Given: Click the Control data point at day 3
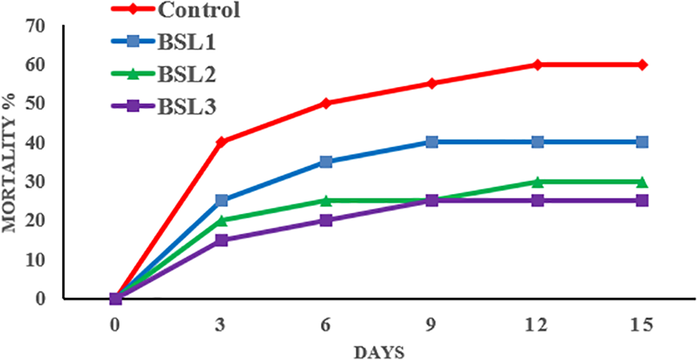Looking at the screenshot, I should (221, 141).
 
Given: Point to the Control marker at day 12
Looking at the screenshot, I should (537, 65).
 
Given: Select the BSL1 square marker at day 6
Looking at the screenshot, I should (326, 162).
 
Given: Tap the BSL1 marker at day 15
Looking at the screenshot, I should (642, 142).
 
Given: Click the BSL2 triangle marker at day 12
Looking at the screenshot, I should (537, 181).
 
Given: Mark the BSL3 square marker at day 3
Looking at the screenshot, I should (221, 240).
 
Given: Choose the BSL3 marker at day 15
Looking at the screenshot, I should (642, 201).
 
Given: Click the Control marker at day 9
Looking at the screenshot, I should (431, 83).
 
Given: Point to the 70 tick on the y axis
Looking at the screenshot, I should (34, 26).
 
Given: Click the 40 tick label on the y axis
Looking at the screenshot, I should (34, 142).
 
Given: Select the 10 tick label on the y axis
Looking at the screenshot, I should (34, 260).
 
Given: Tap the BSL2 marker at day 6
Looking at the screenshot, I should (326, 201).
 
